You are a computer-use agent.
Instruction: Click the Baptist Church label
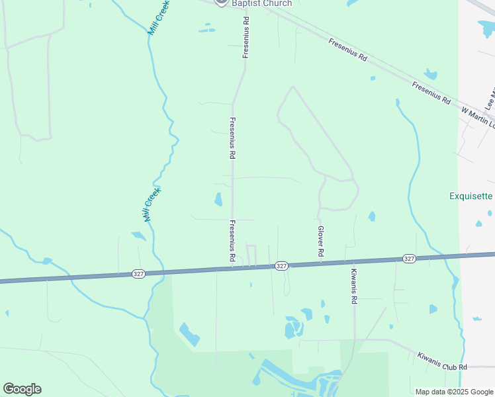(261, 3)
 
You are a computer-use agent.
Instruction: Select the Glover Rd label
(320, 241)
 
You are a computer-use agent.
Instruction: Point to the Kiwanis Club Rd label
(442, 361)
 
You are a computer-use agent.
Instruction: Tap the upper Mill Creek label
(159, 18)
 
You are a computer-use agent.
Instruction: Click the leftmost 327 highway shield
(138, 273)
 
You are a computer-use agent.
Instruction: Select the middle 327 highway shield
(281, 265)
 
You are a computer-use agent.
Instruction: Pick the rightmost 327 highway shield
(408, 258)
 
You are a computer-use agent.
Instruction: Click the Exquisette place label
(471, 196)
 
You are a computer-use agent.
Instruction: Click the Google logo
(22, 389)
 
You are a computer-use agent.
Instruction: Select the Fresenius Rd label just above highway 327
(232, 241)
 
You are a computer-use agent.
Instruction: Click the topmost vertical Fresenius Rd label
(246, 38)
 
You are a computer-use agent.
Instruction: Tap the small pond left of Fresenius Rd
(218, 199)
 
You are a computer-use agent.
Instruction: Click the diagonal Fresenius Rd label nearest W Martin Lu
(431, 93)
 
